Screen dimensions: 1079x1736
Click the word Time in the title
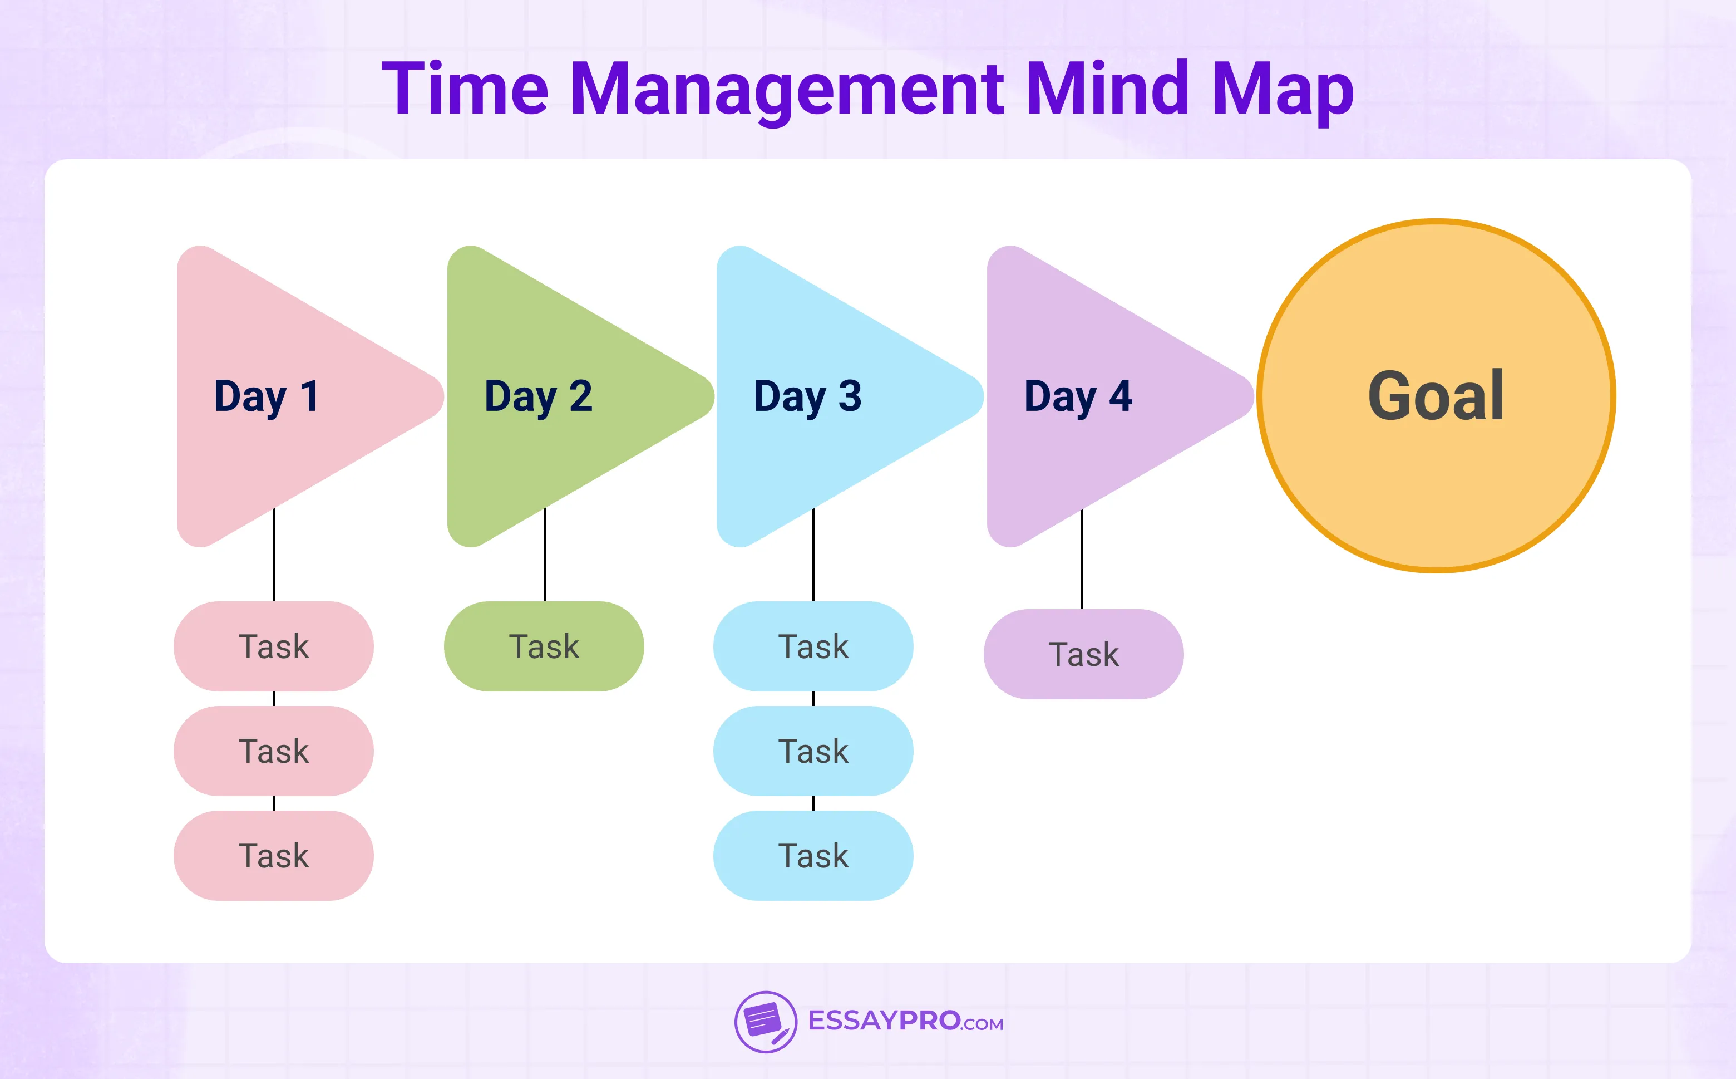tap(465, 89)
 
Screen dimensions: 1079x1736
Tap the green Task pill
tap(544, 646)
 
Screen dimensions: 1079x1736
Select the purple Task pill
tap(1083, 654)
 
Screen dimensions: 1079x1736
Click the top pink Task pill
tap(273, 646)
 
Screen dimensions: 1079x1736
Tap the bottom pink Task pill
tap(273, 856)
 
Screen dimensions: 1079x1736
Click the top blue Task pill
tap(813, 646)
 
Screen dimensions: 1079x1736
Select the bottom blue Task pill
tap(813, 856)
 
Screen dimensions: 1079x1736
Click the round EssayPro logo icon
tap(765, 1022)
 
